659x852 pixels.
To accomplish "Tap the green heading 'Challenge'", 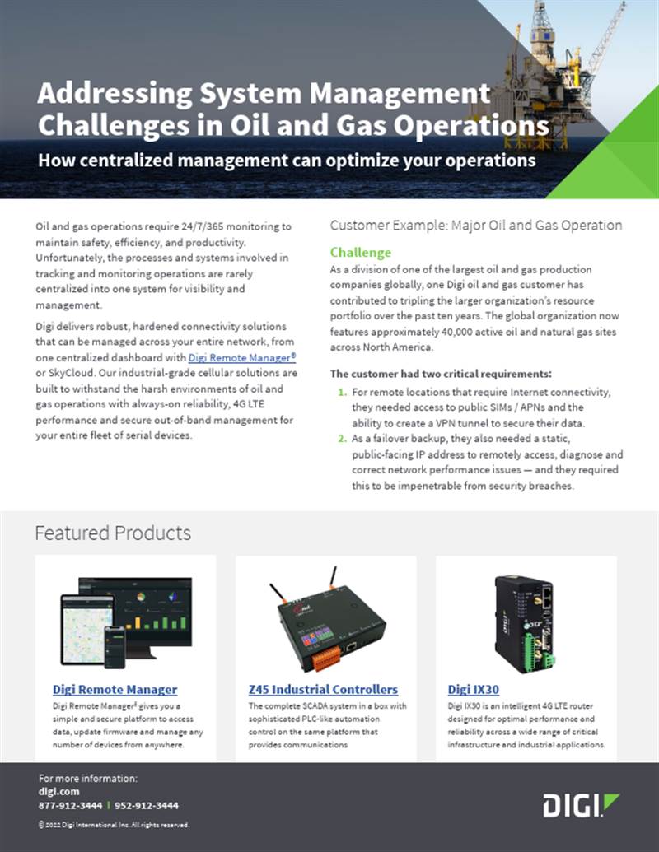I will click(360, 253).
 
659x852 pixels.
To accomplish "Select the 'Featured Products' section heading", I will click(113, 533).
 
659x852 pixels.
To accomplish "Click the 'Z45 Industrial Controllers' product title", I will click(323, 689).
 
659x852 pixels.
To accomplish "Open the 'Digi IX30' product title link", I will click(474, 689).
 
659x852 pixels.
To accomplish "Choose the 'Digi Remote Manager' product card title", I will click(115, 689).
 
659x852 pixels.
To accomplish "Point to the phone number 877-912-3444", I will click(70, 805).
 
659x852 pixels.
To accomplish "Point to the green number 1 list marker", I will click(342, 392).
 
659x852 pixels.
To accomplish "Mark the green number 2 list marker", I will click(342, 439).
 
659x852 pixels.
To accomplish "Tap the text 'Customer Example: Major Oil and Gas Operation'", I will click(475, 225).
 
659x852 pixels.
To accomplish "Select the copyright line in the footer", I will click(114, 824).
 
